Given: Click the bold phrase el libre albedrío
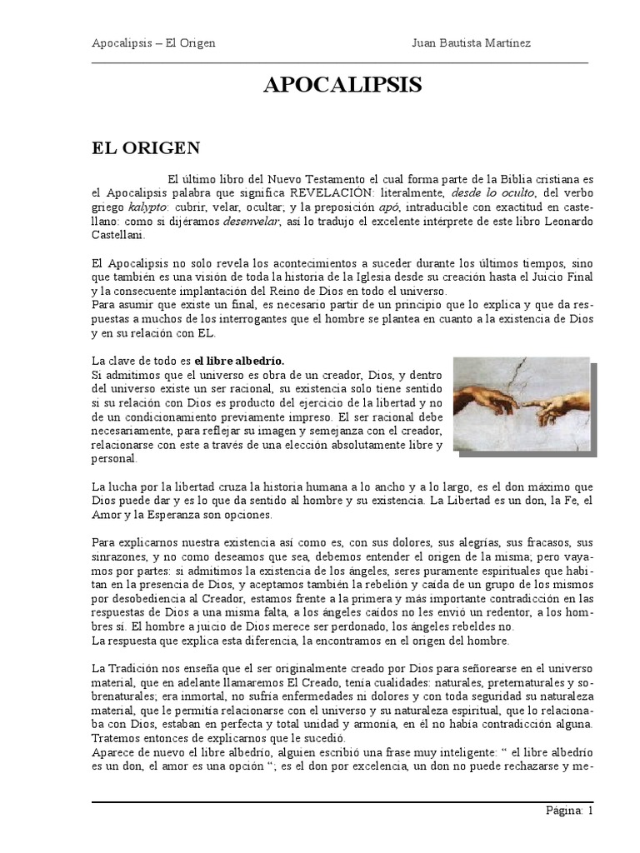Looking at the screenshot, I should tap(239, 361).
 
